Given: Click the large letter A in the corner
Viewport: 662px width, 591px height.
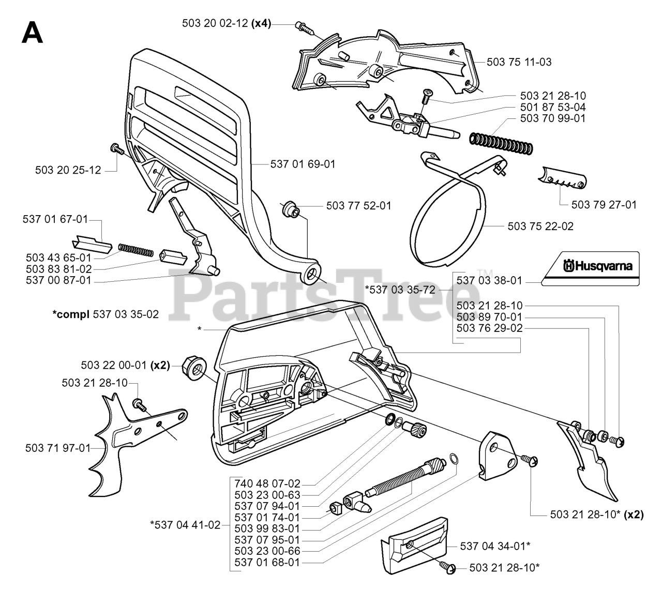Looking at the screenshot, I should [x=32, y=33].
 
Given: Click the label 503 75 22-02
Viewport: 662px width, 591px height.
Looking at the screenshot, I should [x=540, y=226].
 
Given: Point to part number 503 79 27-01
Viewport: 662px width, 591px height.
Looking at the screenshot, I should [x=604, y=204].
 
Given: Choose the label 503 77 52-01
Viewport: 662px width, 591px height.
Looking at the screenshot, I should [x=358, y=205].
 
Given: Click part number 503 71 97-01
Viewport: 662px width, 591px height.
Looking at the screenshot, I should [x=57, y=448].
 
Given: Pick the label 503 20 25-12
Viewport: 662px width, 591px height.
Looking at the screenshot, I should [x=68, y=169].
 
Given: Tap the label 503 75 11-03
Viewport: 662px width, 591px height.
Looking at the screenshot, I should [x=519, y=62].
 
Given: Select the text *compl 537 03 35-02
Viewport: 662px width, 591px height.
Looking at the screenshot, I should [x=106, y=314].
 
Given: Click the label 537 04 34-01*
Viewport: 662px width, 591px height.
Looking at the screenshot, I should [x=495, y=545].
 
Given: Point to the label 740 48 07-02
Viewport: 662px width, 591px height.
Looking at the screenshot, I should [x=267, y=484].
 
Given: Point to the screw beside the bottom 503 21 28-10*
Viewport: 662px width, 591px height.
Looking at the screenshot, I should [x=447, y=567].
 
